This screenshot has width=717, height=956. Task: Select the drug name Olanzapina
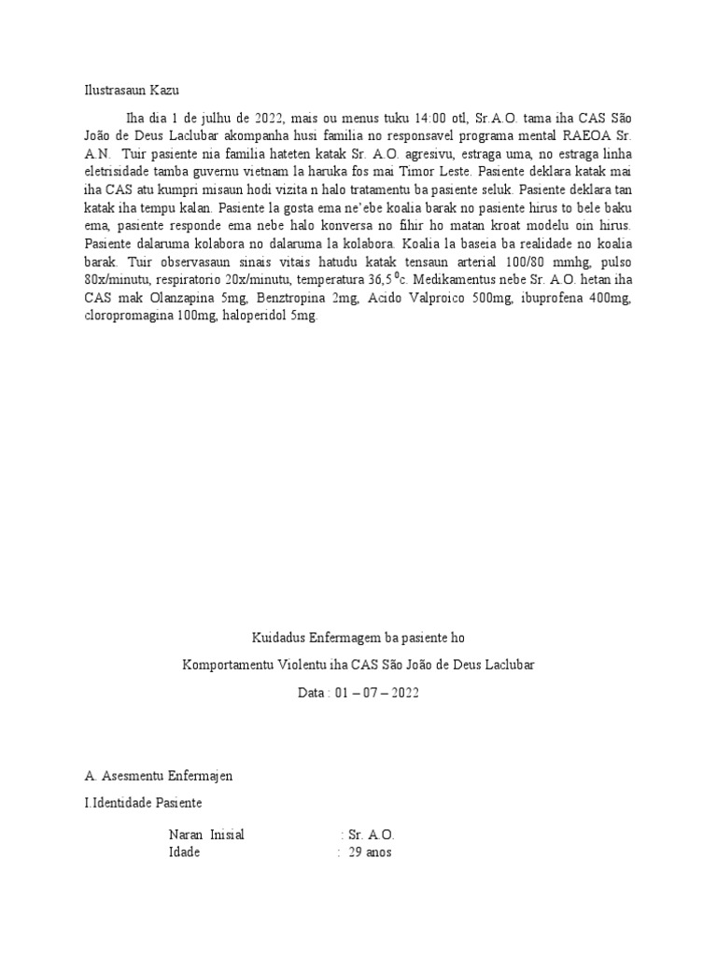pyautogui.click(x=179, y=299)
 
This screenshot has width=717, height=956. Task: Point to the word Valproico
pyautogui.click(x=435, y=299)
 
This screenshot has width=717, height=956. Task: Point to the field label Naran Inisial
pyautogui.click(x=206, y=835)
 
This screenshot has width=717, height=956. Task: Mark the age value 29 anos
pyautogui.click(x=371, y=852)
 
